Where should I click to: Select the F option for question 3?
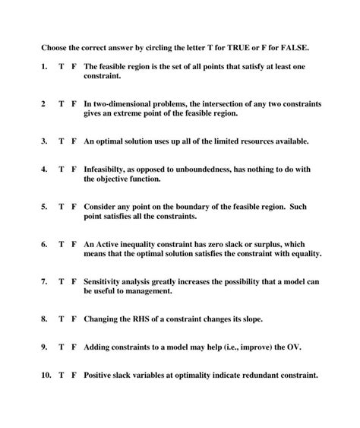pyautogui.click(x=74, y=141)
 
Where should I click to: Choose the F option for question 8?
pyautogui.click(x=74, y=318)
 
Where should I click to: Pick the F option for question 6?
pyautogui.click(x=74, y=244)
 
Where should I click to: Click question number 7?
pyautogui.click(x=44, y=281)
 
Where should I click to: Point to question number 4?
pyautogui.click(x=44, y=170)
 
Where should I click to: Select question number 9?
pyautogui.click(x=44, y=347)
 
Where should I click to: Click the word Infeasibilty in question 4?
pyautogui.click(x=106, y=170)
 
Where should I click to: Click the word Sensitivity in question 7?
pyautogui.click(x=106, y=281)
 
